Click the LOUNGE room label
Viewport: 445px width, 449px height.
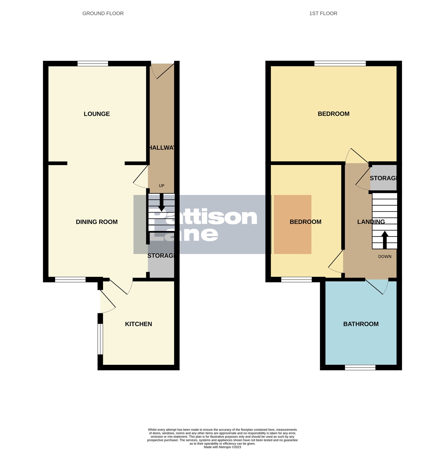(x=97, y=114)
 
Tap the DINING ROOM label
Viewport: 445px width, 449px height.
(x=97, y=222)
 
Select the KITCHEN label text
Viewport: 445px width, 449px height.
(x=138, y=324)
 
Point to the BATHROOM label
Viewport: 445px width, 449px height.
(x=361, y=324)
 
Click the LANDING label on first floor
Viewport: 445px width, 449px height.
(x=371, y=222)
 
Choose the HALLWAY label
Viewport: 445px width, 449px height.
(x=162, y=148)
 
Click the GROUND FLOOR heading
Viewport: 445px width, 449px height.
(x=103, y=13)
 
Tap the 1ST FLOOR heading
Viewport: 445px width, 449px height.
(x=323, y=13)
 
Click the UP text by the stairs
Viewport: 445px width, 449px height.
(x=161, y=186)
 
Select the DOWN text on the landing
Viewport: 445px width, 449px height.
(x=385, y=257)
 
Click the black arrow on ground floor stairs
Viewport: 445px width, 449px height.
(x=161, y=203)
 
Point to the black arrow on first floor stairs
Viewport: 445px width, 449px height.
(x=385, y=239)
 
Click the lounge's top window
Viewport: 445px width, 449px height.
(x=93, y=63)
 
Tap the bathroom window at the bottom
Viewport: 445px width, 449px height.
(x=360, y=367)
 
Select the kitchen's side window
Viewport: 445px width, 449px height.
(x=100, y=339)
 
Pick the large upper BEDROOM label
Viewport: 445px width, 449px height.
(x=333, y=114)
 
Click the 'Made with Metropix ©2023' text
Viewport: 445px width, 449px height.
(x=222, y=447)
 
